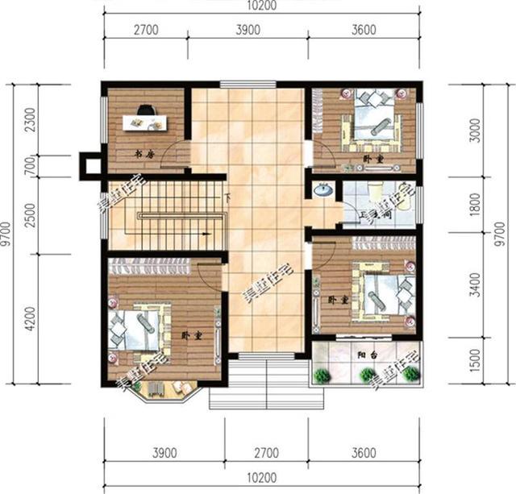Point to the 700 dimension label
[31, 166]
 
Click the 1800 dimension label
[482, 205]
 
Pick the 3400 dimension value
[482, 283]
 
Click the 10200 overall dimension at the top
[260, 7]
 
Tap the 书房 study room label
[144, 153]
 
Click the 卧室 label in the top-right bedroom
[372, 160]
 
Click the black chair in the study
[146, 110]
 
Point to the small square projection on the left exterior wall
[89, 166]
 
